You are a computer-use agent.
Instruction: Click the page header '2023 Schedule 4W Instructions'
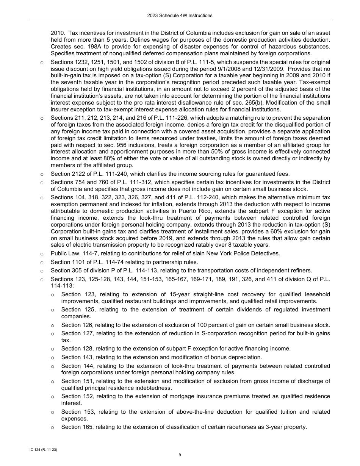180,16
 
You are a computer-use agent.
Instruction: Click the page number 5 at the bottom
180,455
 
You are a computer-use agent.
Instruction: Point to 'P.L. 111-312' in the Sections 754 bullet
147,183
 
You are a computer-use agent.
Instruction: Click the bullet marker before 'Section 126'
52,325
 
